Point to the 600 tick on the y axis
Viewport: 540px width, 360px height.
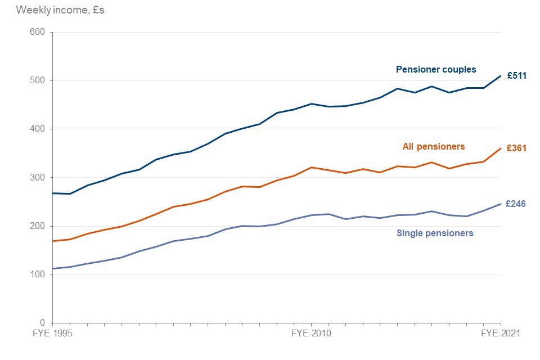click(x=37, y=32)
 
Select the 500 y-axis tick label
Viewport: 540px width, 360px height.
click(x=37, y=80)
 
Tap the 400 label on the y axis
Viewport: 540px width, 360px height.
click(x=37, y=129)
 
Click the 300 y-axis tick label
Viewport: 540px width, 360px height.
click(x=37, y=178)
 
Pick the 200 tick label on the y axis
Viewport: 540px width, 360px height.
click(x=37, y=226)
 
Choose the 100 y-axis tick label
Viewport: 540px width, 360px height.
click(x=37, y=274)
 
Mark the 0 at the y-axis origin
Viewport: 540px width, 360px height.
click(x=42, y=323)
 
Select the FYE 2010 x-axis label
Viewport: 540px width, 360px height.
click(x=312, y=334)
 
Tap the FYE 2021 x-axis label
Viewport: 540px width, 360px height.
click(x=501, y=334)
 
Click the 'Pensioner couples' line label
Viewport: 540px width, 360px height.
click(x=436, y=70)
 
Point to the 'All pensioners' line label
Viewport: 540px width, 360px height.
click(x=434, y=147)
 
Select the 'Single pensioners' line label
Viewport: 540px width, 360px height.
click(x=435, y=233)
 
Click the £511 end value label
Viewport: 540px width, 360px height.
click(x=516, y=75)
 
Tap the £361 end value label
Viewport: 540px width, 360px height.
click(x=516, y=148)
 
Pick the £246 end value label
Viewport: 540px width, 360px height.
click(x=516, y=204)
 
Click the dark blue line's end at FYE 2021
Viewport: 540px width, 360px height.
click(x=501, y=75)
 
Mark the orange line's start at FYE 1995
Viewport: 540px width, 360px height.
click(x=53, y=241)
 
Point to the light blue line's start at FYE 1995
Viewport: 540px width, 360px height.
click(x=53, y=268)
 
